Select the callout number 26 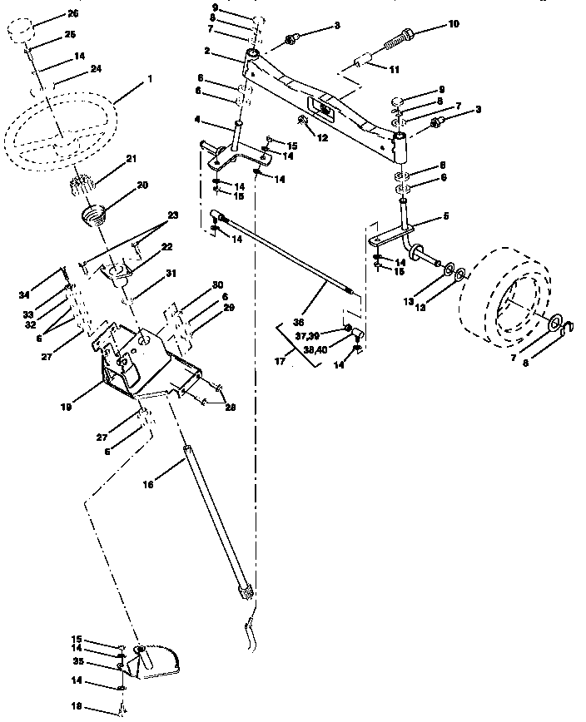(x=72, y=14)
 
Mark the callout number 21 (x=131, y=158)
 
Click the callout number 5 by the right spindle (x=445, y=216)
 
